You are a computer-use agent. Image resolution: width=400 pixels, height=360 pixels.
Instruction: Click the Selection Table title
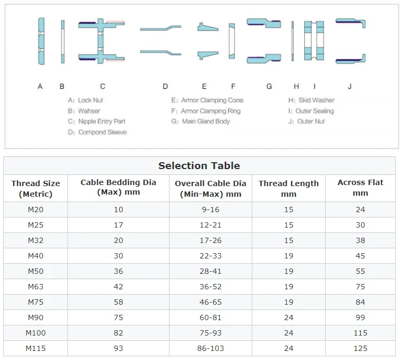[x=199, y=166]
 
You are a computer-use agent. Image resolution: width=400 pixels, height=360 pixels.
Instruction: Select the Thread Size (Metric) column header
[x=36, y=188]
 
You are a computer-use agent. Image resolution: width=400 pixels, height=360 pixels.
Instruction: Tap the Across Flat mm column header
[x=360, y=188]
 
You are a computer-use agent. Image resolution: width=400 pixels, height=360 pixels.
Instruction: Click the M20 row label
[x=36, y=210]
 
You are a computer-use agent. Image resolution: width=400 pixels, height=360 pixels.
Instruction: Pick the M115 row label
[x=36, y=348]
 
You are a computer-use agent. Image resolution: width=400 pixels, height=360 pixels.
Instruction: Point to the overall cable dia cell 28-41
[x=210, y=271]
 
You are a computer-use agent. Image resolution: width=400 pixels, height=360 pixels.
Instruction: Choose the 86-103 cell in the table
[x=210, y=348]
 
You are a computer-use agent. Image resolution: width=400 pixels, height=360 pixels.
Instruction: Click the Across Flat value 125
[x=361, y=348]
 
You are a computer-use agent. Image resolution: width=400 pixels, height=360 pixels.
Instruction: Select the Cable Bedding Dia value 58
[x=118, y=302]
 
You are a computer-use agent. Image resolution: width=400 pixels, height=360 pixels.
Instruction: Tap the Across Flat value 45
[x=361, y=256]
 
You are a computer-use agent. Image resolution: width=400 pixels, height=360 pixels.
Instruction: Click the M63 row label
[x=36, y=287]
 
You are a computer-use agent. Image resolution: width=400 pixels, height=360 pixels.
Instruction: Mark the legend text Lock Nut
[x=90, y=101]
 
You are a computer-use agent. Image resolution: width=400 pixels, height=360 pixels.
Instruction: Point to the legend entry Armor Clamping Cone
[x=212, y=101]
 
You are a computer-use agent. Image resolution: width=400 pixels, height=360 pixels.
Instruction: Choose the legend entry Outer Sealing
[x=314, y=111]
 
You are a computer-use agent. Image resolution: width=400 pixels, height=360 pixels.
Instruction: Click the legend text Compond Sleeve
[x=103, y=132]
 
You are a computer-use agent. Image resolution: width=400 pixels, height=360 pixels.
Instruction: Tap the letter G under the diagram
[x=269, y=87]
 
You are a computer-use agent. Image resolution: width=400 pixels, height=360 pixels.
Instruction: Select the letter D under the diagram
[x=165, y=87]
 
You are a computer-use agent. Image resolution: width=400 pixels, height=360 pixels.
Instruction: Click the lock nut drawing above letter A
[x=41, y=41]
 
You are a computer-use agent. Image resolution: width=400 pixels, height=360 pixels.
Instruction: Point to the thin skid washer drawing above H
[x=293, y=41]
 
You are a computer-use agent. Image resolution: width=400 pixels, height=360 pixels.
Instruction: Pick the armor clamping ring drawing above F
[x=232, y=41]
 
